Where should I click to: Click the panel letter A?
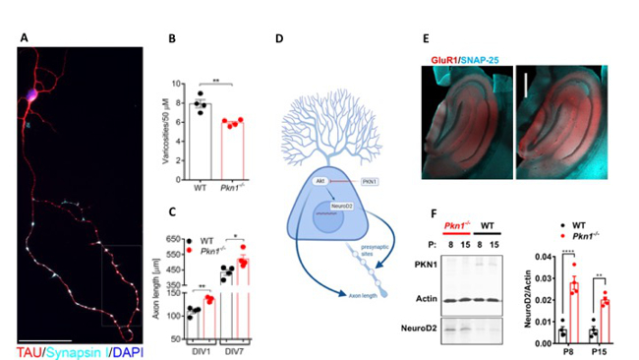click(24, 39)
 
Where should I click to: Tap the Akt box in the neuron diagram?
click(318, 182)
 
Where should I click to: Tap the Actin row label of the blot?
click(426, 299)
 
